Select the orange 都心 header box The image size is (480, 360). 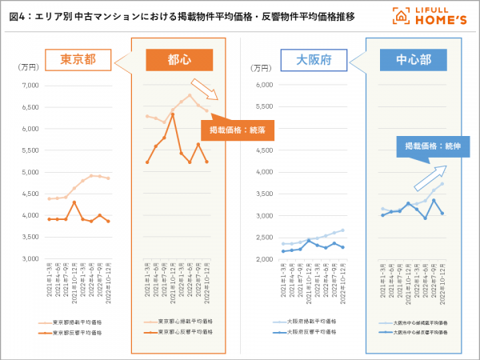[x=179, y=60]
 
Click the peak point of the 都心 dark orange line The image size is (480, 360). [x=172, y=114]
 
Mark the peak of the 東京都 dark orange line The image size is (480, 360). [x=74, y=202]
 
